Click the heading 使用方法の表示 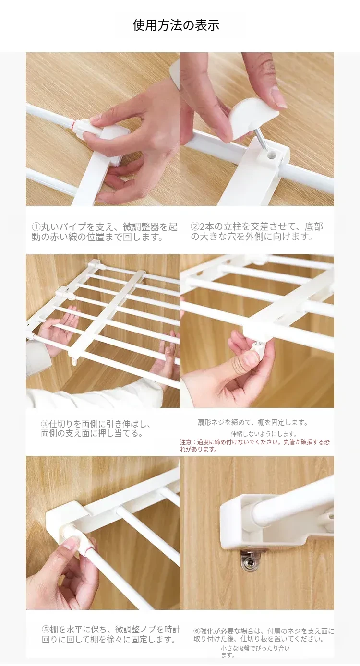pos(176,25)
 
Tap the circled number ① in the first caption pos(36,227)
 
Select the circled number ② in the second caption pos(194,227)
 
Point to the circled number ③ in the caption pos(45,424)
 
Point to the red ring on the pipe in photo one pos(73,125)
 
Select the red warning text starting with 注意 pos(255,445)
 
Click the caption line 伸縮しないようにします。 pos(264,433)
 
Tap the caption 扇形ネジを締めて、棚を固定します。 pos(252,422)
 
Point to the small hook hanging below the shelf pos(74,360)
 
